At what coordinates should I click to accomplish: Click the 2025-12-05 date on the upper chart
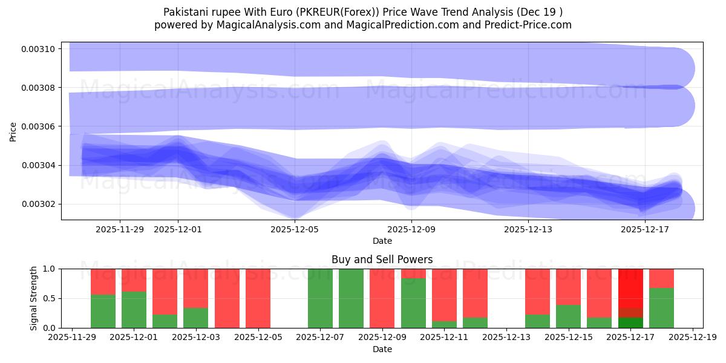[x=295, y=229]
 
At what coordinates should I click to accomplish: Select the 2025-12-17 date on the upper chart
[x=645, y=229]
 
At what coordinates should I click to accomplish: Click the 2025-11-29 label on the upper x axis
[x=120, y=229]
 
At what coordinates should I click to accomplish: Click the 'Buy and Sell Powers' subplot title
[x=382, y=260]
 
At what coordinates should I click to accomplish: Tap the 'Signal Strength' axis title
[x=34, y=298]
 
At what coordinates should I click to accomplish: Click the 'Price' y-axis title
[x=13, y=131]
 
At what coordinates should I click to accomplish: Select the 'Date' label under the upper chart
[x=382, y=241]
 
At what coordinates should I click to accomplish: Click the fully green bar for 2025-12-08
[x=351, y=298]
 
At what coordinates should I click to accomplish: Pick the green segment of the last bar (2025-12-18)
[x=661, y=308]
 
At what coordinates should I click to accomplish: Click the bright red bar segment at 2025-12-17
[x=630, y=288]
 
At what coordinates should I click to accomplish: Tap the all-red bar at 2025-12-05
[x=258, y=298]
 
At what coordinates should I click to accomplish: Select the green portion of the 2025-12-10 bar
[x=413, y=303]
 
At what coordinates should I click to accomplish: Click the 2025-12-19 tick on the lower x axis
[x=692, y=338]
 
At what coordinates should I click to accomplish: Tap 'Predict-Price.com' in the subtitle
[x=526, y=25]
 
